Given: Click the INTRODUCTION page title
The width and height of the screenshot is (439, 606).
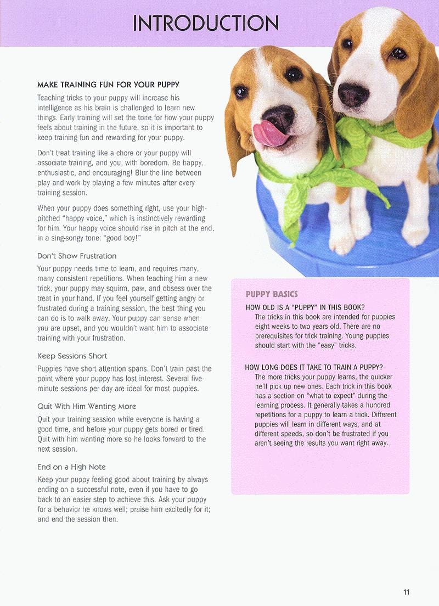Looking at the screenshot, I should pyautogui.click(x=206, y=23).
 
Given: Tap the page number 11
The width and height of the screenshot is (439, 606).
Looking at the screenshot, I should pyautogui.click(x=406, y=592).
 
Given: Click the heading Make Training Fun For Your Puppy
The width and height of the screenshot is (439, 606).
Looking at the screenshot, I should pyautogui.click(x=109, y=85).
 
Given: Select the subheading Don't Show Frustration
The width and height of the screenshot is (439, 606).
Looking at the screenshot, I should pyautogui.click(x=77, y=256).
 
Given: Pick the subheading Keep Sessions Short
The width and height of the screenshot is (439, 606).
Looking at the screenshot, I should pyautogui.click(x=72, y=356).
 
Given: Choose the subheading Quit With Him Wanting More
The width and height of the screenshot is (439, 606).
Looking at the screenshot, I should pyautogui.click(x=87, y=406).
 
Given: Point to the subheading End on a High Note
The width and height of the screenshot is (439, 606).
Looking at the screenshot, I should pyautogui.click(x=71, y=467).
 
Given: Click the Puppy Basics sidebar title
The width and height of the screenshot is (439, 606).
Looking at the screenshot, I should pyautogui.click(x=272, y=294).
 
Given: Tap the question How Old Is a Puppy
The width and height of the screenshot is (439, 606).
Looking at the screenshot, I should pyautogui.click(x=305, y=307).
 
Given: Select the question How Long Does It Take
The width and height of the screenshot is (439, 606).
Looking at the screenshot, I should pyautogui.click(x=314, y=367).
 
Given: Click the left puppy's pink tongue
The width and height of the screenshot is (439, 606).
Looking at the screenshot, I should pyautogui.click(x=267, y=133).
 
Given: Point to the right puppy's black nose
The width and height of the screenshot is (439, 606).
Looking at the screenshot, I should pyautogui.click(x=353, y=94).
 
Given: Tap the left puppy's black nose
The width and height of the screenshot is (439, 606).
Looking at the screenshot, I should pyautogui.click(x=279, y=117).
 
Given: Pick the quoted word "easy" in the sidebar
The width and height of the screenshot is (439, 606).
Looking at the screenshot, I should pyautogui.click(x=324, y=345).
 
